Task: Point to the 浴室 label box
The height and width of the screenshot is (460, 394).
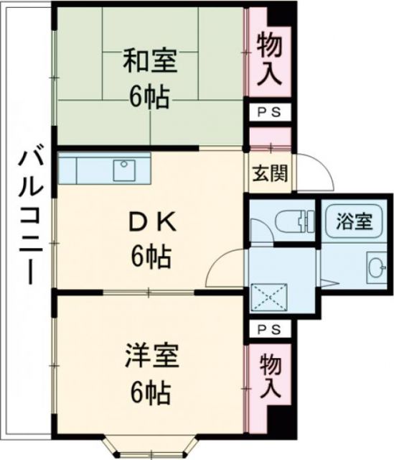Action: coord(355,221)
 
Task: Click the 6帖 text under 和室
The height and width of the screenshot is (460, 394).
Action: coord(150,98)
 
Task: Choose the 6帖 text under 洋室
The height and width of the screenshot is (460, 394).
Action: coord(150,392)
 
